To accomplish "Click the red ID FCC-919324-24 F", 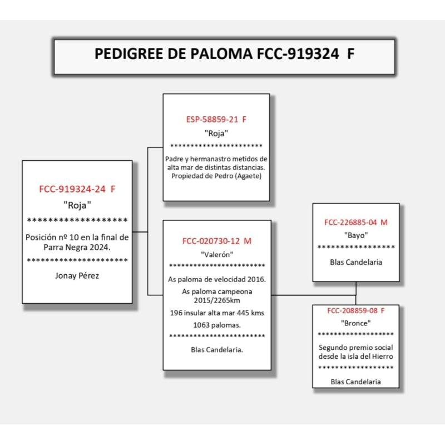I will [77, 189].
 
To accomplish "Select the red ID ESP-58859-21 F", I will [216, 120].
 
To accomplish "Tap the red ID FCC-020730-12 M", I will [217, 241].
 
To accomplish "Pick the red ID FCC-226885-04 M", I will [356, 222].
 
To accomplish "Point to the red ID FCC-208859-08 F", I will [356, 311].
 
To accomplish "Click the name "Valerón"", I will [217, 254].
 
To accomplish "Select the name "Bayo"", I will [356, 235].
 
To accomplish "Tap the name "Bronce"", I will [356, 323].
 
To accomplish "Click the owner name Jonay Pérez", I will [77, 275].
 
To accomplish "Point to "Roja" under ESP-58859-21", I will [216, 133].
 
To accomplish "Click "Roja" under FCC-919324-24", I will [77, 204].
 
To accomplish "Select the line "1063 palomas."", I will [217, 324].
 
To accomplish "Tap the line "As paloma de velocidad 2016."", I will [217, 279].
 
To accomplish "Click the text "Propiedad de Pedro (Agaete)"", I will [216, 176].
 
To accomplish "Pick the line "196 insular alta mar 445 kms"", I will [217, 313].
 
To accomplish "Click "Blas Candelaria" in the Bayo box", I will [356, 263].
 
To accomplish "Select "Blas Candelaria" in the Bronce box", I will [356, 382].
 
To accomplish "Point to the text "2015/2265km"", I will [217, 301].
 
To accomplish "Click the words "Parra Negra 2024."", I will [77, 247].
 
